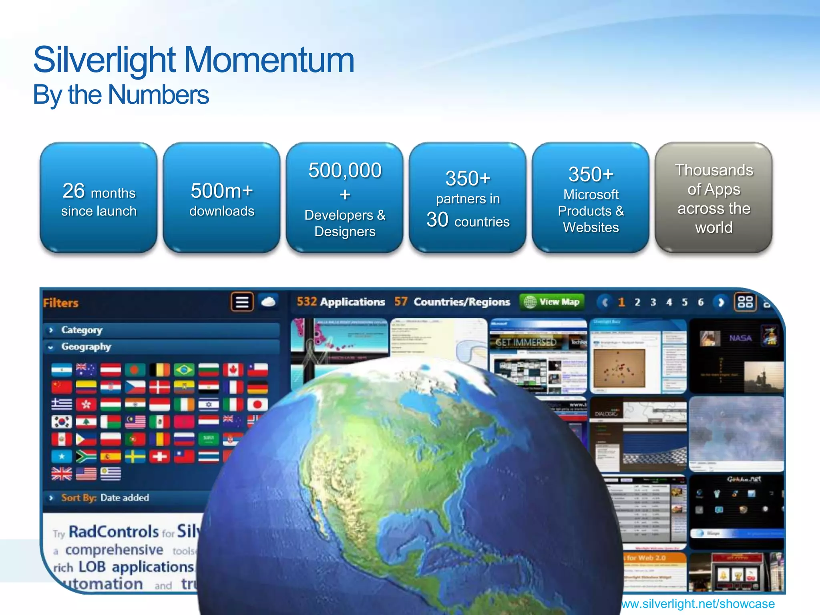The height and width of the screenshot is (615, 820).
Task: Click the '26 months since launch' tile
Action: pyautogui.click(x=98, y=198)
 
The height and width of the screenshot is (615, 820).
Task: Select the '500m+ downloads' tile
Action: pyautogui.click(x=221, y=198)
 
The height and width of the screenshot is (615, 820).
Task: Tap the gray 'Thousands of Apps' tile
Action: pyautogui.click(x=713, y=198)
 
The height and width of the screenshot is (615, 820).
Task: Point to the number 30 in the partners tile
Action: pyautogui.click(x=437, y=220)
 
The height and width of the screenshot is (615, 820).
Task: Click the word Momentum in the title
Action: pyautogui.click(x=269, y=60)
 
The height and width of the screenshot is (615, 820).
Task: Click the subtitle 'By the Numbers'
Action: pyautogui.click(x=121, y=95)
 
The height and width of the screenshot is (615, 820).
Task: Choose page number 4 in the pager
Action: pyautogui.click(x=669, y=302)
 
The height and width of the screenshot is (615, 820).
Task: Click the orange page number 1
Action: pyautogui.click(x=621, y=302)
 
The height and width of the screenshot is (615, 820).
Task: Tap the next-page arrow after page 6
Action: pyautogui.click(x=721, y=302)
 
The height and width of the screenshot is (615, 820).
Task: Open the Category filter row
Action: pyautogui.click(x=82, y=330)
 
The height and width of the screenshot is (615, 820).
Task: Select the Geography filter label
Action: pyautogui.click(x=86, y=347)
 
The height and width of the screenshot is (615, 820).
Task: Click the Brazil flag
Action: pyautogui.click(x=184, y=370)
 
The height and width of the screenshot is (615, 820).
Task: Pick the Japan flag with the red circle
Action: pyautogui.click(x=257, y=404)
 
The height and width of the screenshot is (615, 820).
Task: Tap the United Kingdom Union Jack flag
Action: pyautogui.click(x=62, y=474)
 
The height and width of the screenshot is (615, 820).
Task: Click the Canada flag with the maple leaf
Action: pyautogui.click(x=233, y=370)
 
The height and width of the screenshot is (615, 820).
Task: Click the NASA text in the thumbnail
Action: pyautogui.click(x=740, y=338)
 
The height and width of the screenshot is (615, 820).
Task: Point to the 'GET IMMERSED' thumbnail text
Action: pyautogui.click(x=526, y=342)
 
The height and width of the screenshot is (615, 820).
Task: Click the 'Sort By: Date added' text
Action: pyautogui.click(x=105, y=498)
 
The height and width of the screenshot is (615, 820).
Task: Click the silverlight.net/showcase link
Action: pyautogui.click(x=698, y=603)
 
